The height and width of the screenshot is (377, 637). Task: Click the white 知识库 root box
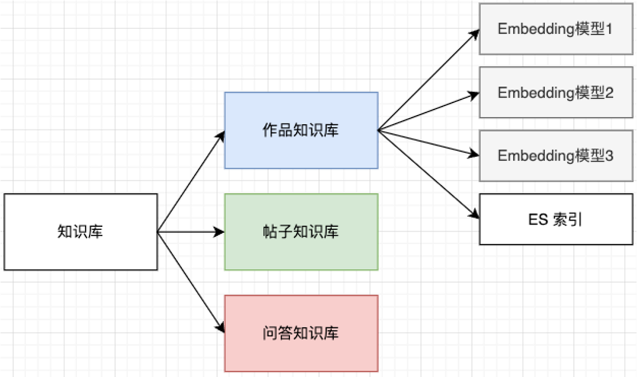[x=81, y=232]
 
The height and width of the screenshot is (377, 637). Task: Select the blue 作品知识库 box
[x=301, y=130]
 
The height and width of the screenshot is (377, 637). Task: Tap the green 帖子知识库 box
[x=301, y=232]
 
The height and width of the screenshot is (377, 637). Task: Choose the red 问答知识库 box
[x=301, y=333]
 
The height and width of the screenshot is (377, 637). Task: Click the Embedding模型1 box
[x=556, y=29]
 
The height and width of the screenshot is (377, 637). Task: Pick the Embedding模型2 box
[x=556, y=93]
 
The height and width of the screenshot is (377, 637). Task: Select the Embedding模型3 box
[x=556, y=156]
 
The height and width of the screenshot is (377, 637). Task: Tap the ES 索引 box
[x=556, y=219]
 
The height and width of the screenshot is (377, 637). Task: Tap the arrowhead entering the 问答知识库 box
[x=221, y=329]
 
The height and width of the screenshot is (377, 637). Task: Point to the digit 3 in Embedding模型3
[x=609, y=156]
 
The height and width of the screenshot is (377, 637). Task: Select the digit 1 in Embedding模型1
[x=609, y=29]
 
